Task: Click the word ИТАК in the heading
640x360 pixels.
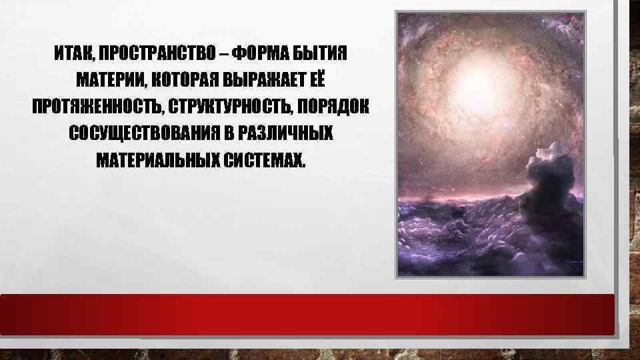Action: (x=70, y=52)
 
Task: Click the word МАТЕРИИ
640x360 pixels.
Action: (x=109, y=79)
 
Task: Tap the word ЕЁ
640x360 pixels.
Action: (x=319, y=78)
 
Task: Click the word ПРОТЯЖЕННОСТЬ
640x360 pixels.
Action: (x=94, y=107)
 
